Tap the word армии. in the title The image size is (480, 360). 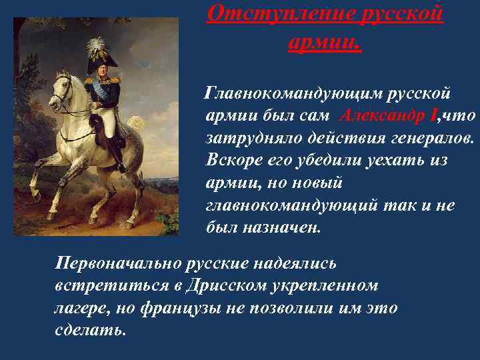pos(325,42)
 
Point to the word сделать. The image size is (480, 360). pos(90,330)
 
